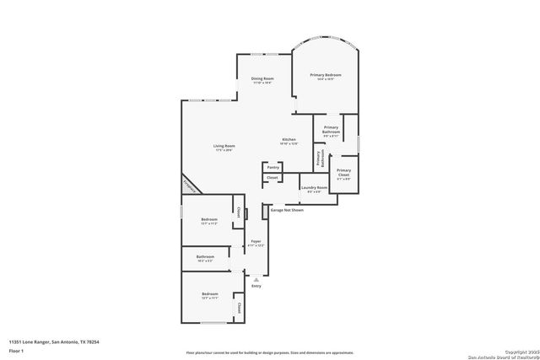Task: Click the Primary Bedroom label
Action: tap(325, 75)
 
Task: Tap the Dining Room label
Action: tap(262, 78)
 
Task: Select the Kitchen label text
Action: tap(289, 139)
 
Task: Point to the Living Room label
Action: tap(224, 146)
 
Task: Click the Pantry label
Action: tap(273, 168)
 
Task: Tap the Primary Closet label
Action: tap(343, 172)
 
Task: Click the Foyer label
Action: tap(256, 242)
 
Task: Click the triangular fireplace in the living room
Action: tap(191, 185)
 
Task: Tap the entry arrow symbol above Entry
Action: tap(256, 278)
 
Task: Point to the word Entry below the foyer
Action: tap(256, 286)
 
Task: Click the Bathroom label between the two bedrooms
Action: tap(205, 256)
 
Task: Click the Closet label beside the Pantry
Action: tap(272, 178)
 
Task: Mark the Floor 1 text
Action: tap(16, 350)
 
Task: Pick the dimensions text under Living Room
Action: tap(224, 151)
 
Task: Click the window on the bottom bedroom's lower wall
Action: tap(213, 323)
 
